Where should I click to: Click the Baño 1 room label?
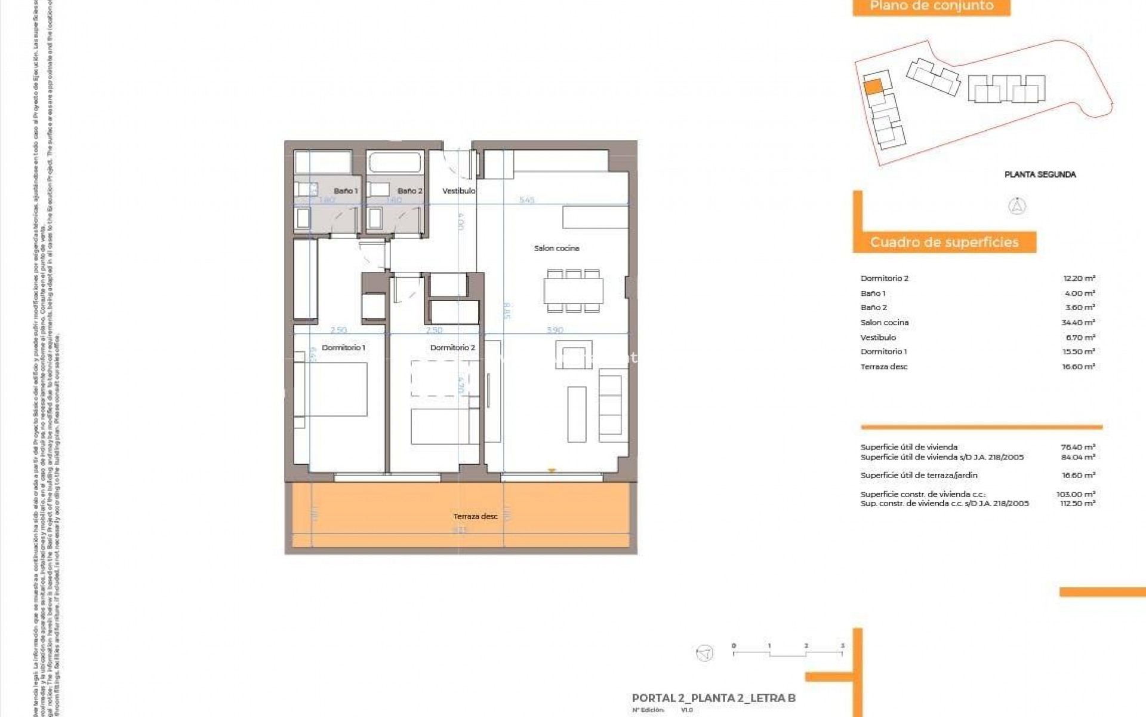pyautogui.click(x=346, y=191)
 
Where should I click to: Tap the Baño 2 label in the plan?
pyautogui.click(x=409, y=191)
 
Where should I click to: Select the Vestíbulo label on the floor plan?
pyautogui.click(x=458, y=191)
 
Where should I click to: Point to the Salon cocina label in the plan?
pyautogui.click(x=556, y=248)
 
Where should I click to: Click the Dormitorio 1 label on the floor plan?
pyautogui.click(x=343, y=347)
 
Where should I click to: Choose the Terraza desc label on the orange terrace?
pyautogui.click(x=475, y=516)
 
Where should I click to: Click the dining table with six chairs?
pyautogui.click(x=573, y=291)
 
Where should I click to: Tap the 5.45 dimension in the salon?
pyautogui.click(x=526, y=200)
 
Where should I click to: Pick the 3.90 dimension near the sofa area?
pyautogui.click(x=554, y=330)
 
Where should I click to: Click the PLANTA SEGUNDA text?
pyautogui.click(x=1040, y=174)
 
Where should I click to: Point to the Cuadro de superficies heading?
pyautogui.click(x=944, y=242)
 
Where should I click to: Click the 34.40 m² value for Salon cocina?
pyautogui.click(x=1078, y=323)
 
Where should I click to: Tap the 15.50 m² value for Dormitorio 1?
pyautogui.click(x=1079, y=352)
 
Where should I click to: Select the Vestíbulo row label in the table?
pyautogui.click(x=878, y=338)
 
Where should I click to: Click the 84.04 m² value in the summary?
pyautogui.click(x=1078, y=457)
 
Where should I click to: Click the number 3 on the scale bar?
pyautogui.click(x=842, y=646)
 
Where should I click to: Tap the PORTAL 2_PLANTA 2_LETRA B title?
pyautogui.click(x=713, y=698)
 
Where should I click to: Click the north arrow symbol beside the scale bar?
pyautogui.click(x=705, y=652)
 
